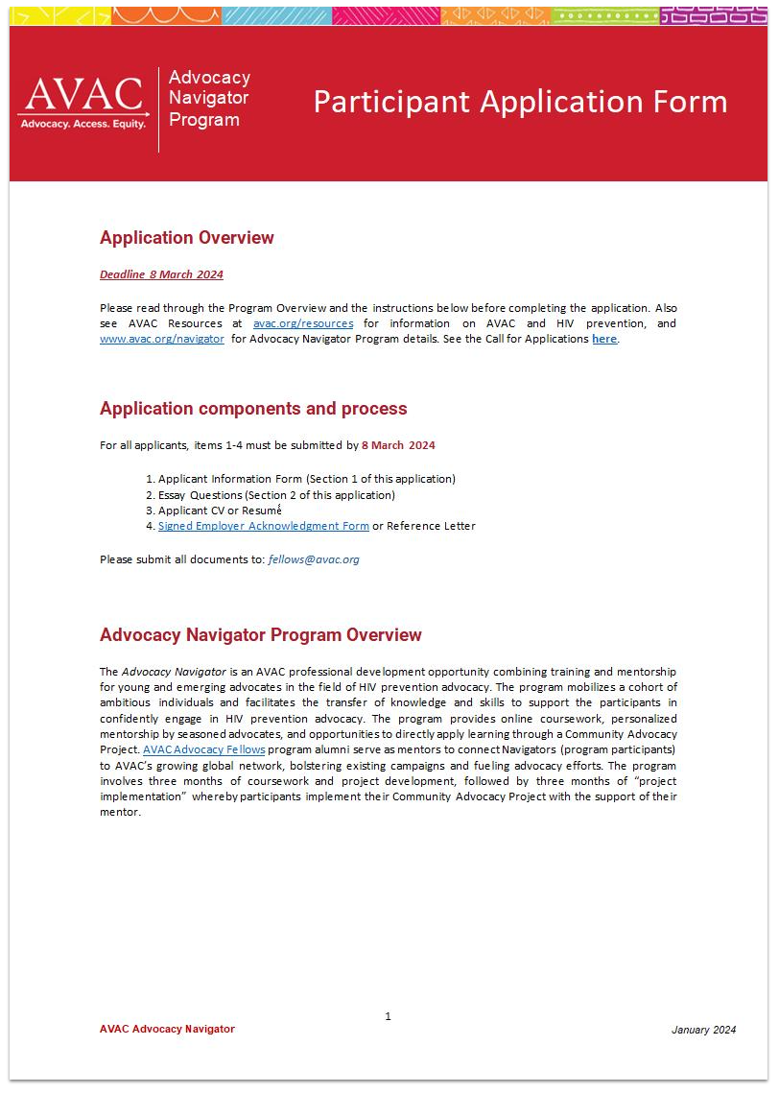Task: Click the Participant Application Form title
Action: (520, 102)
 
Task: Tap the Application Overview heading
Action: (187, 238)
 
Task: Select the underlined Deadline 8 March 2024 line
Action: (161, 274)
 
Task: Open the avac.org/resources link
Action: (302, 323)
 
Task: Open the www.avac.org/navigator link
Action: (162, 339)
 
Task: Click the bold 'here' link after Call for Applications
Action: (604, 339)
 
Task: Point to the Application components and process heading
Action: (253, 409)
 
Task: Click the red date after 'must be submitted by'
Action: (398, 445)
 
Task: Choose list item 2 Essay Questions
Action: (275, 494)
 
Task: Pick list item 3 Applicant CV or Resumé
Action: (220, 511)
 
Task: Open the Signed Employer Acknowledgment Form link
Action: (263, 526)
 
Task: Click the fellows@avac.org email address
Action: (314, 559)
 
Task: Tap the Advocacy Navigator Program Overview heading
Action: (261, 635)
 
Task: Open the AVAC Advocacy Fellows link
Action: (203, 749)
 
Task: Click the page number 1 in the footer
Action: (388, 1016)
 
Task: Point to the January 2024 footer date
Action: (703, 1030)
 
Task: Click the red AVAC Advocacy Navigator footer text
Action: (167, 1029)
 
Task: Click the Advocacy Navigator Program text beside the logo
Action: (209, 99)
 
